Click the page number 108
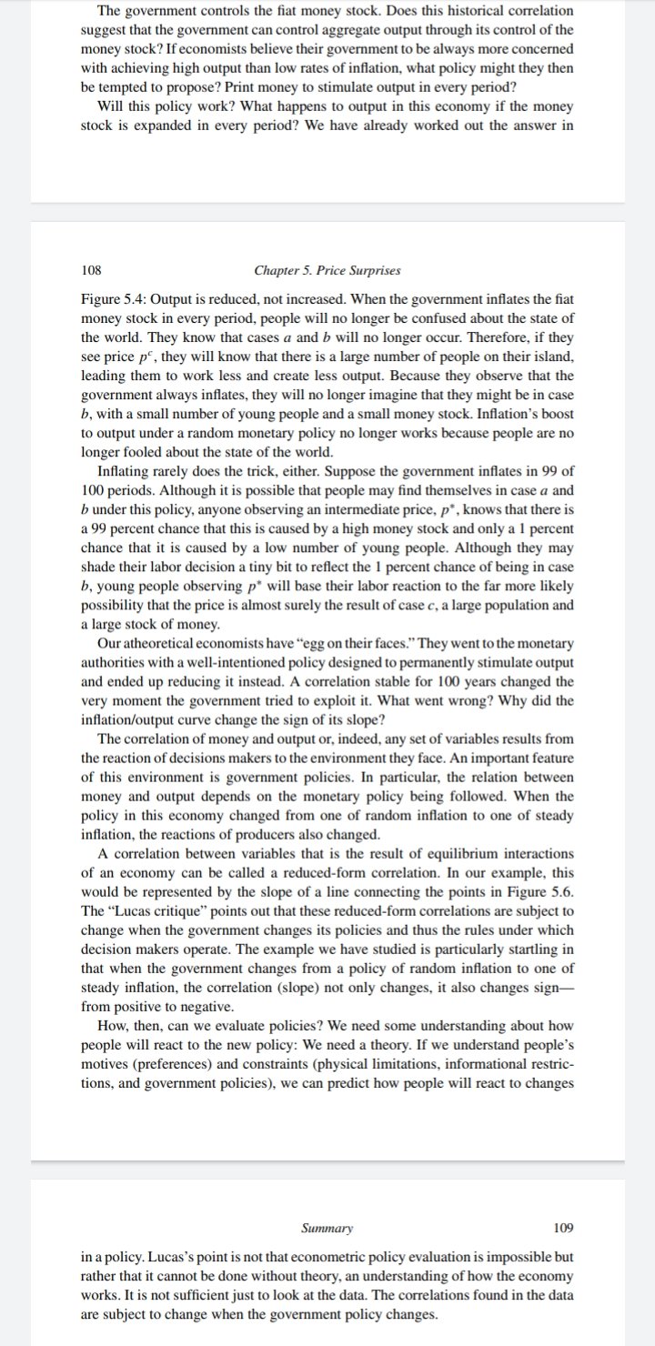pos(91,270)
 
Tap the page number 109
pos(564,1228)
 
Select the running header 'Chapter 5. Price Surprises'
pos(327,270)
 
